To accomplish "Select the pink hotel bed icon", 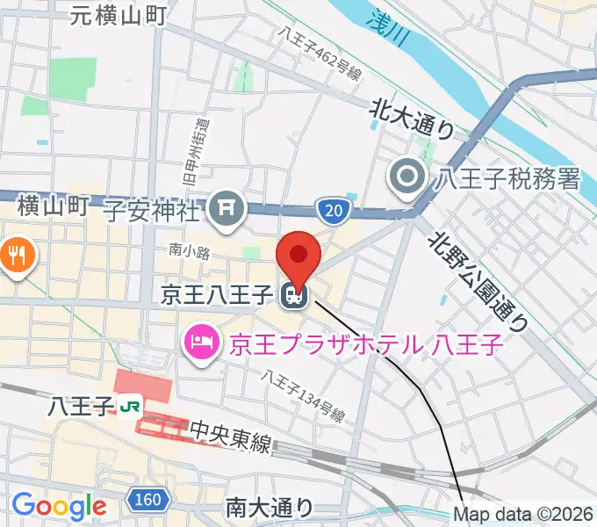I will click(203, 340).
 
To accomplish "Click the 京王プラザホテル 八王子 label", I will click(367, 341).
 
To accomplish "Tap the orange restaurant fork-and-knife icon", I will click(16, 257).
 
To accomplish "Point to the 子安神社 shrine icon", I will click(227, 208).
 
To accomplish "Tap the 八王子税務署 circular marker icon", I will click(408, 178).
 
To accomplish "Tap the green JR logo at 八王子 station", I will click(132, 406).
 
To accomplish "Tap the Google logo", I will click(59, 505).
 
